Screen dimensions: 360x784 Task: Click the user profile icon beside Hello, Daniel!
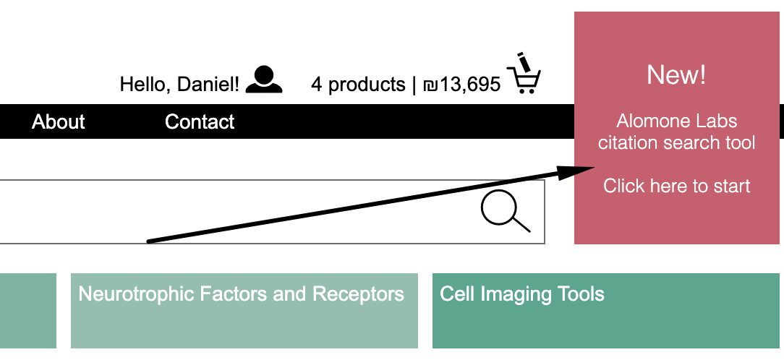coord(264,80)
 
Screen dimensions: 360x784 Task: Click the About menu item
coord(59,121)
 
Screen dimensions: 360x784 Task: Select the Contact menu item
coord(200,121)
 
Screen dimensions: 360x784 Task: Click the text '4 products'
coord(358,85)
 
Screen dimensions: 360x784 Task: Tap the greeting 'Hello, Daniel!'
coord(179,85)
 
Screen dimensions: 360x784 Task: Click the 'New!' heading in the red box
coord(676,74)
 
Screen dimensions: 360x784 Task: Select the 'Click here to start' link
coord(677,186)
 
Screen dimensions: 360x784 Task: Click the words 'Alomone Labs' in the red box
coord(677,121)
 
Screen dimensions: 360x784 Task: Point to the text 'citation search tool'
coord(677,142)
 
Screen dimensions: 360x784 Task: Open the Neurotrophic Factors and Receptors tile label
coord(241,294)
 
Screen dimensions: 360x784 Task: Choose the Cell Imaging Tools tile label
coord(522,294)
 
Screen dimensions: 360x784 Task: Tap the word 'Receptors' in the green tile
coord(358,294)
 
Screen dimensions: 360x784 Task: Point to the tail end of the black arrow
coord(148,241)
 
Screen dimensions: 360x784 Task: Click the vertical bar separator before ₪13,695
coord(414,85)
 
